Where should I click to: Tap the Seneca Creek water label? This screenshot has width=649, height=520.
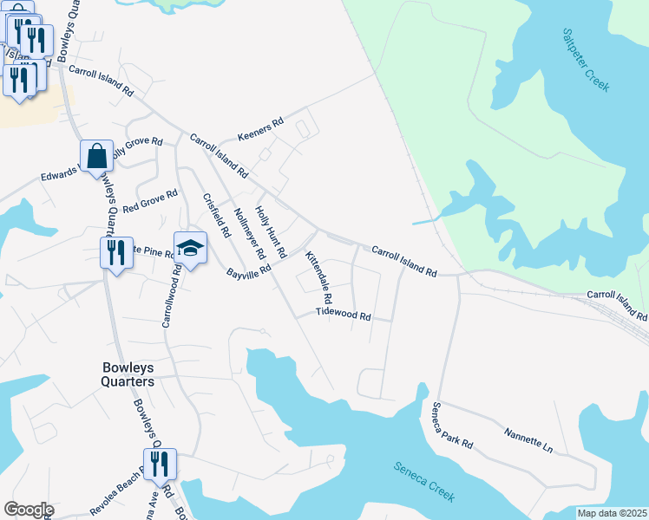pyautogui.click(x=423, y=480)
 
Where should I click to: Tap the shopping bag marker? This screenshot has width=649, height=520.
pyautogui.click(x=97, y=157)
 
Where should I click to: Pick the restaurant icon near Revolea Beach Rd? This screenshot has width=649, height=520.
pyautogui.click(x=160, y=465)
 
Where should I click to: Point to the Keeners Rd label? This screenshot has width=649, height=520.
pyautogui.click(x=261, y=131)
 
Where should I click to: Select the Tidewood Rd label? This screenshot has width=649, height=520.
pyautogui.click(x=344, y=314)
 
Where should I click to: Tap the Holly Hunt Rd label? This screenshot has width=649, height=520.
pyautogui.click(x=271, y=232)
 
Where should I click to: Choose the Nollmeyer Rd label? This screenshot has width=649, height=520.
pyautogui.click(x=249, y=234)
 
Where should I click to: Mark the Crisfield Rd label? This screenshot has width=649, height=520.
pyautogui.click(x=216, y=216)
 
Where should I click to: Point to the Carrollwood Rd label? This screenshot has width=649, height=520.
pyautogui.click(x=170, y=296)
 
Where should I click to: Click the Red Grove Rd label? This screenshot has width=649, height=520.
pyautogui.click(x=150, y=203)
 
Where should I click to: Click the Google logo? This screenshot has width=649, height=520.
pyautogui.click(x=28, y=510)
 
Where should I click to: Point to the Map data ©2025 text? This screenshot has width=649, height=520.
pyautogui.click(x=611, y=513)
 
